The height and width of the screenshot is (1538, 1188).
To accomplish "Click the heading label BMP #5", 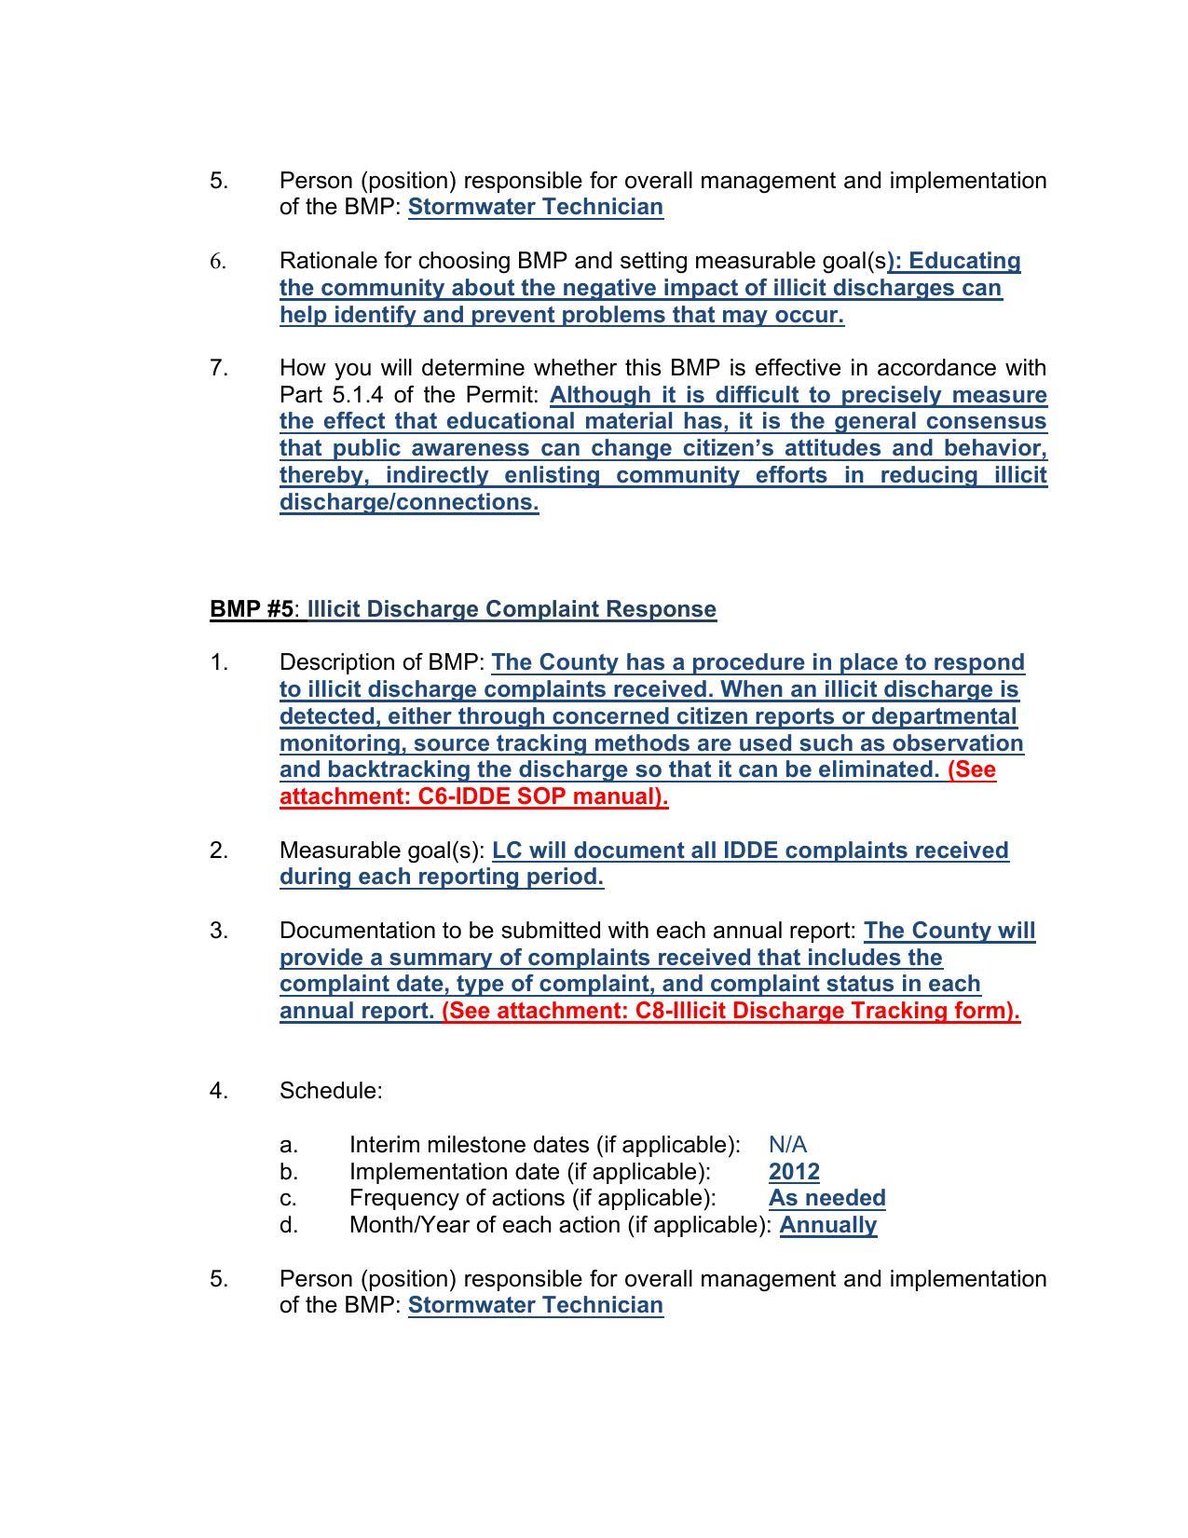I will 252,609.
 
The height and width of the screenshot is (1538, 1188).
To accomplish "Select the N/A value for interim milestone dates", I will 787,1144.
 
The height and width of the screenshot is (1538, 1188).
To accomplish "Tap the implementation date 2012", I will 794,1171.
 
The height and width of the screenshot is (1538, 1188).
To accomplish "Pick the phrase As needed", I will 826,1197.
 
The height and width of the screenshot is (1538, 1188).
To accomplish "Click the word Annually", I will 827,1224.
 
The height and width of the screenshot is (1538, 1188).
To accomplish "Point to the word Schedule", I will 330,1090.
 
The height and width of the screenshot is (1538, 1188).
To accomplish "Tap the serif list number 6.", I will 218,262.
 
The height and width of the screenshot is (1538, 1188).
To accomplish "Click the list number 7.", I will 218,368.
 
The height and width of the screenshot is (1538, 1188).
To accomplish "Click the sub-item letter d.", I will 288,1224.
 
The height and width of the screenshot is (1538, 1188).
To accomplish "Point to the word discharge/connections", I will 409,502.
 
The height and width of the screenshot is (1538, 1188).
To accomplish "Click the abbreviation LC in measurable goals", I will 507,851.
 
